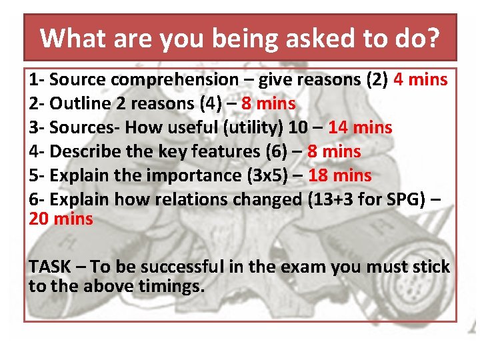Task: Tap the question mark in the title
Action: point(433,38)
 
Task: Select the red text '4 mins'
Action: point(421,80)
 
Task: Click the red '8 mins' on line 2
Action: point(268,104)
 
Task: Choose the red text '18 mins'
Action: point(339,175)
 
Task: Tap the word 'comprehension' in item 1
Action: point(174,80)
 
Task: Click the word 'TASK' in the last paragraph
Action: point(49,267)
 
